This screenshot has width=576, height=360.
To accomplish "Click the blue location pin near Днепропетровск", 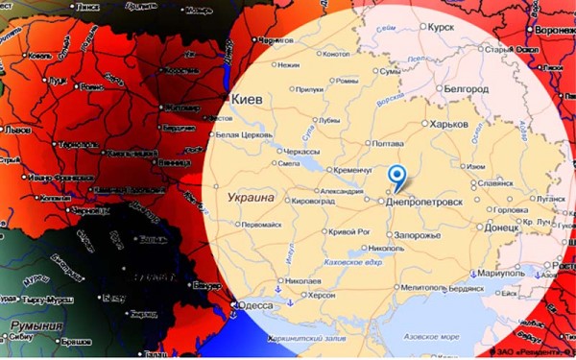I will [397, 178].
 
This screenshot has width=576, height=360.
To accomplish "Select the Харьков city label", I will [447, 125].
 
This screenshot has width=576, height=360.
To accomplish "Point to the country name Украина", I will [252, 197].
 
